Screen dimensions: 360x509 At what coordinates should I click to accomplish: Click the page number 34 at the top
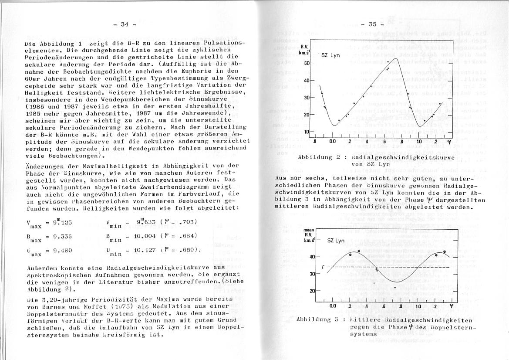pyautogui.click(x=125, y=24)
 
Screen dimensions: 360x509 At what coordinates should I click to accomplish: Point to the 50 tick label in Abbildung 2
pyautogui.click(x=306, y=63)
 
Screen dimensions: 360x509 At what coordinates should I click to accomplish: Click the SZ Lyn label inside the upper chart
pyautogui.click(x=330, y=56)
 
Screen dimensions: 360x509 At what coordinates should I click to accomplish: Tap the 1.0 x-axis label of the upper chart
pyautogui.click(x=419, y=142)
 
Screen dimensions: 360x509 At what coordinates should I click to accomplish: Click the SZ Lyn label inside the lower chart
pyautogui.click(x=336, y=240)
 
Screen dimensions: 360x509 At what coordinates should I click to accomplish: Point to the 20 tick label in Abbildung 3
pyautogui.click(x=312, y=291)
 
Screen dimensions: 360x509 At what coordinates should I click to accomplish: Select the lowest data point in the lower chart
pyautogui.click(x=395, y=288)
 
